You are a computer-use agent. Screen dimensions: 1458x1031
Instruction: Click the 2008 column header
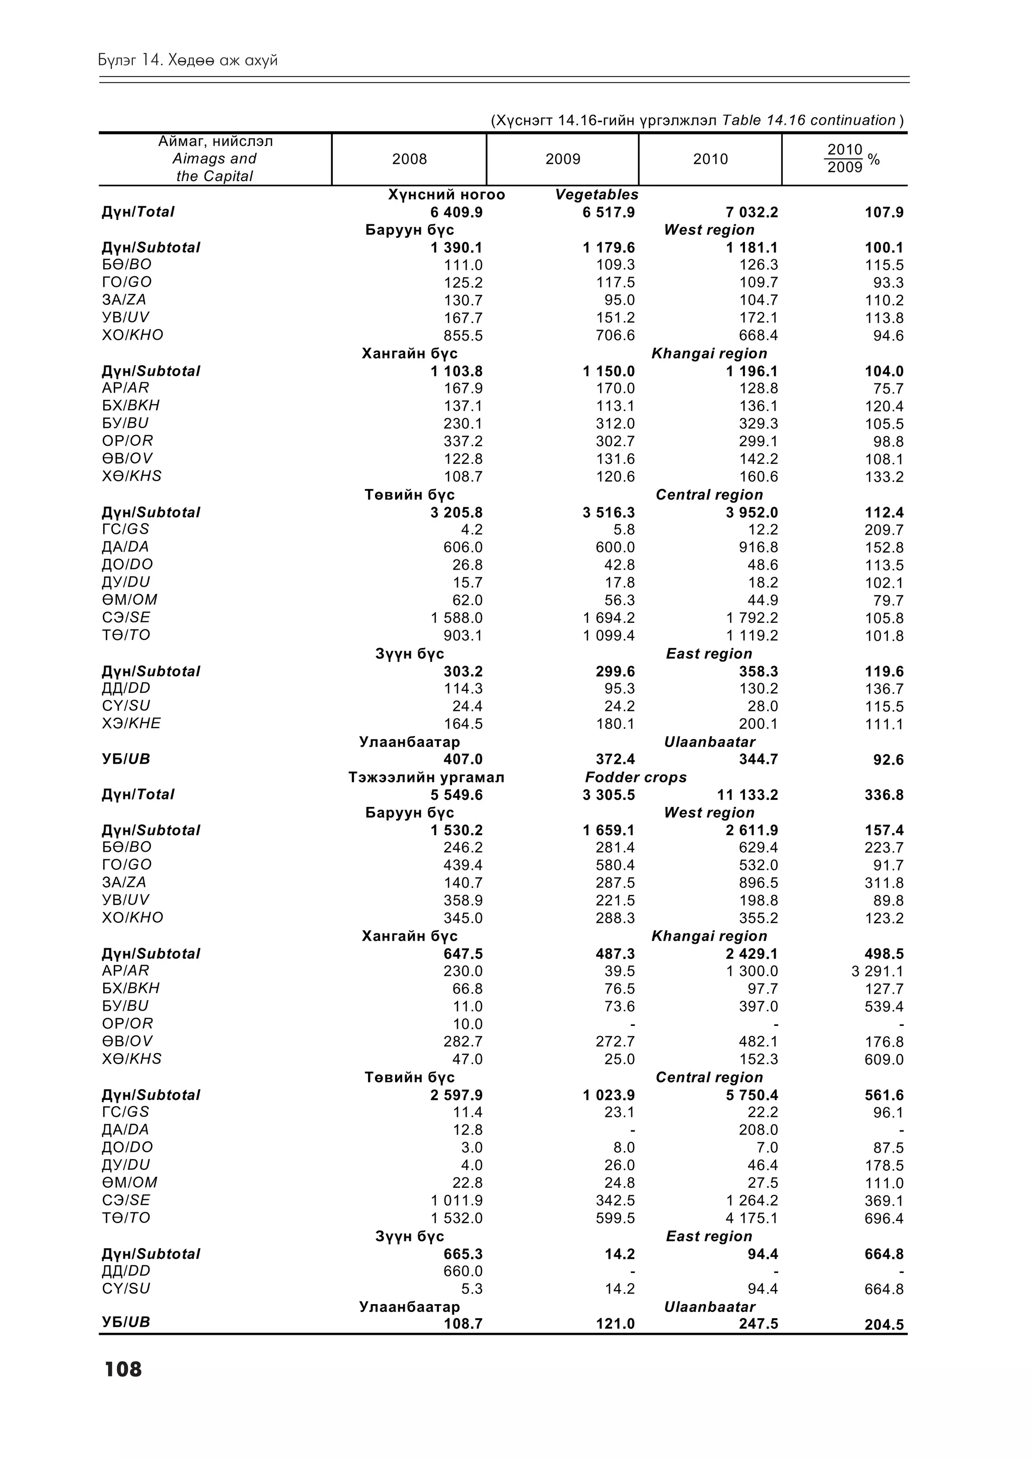pos(409,159)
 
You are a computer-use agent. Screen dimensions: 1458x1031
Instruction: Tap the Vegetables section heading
pos(597,194)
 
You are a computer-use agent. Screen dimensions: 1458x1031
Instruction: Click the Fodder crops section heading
pos(635,777)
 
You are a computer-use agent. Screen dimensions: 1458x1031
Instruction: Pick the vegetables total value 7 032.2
pos(752,212)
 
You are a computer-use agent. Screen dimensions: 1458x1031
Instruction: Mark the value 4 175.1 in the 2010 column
pos(752,1218)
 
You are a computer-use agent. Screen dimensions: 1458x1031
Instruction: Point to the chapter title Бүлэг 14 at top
pos(188,60)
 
